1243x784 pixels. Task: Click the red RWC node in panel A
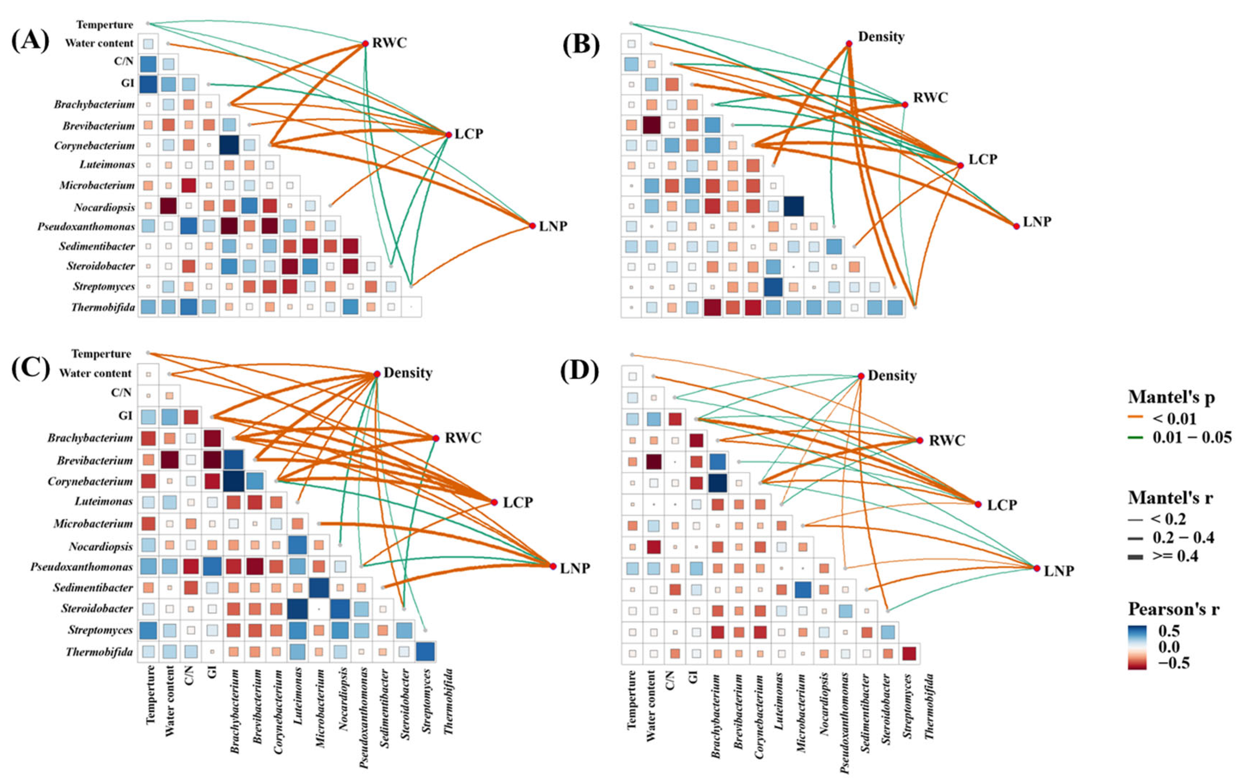[x=365, y=43]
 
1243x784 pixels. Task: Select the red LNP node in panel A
[x=532, y=226]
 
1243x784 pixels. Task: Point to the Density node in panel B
[x=849, y=43]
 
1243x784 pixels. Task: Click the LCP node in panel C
[x=493, y=502]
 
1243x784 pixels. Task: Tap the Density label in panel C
[x=408, y=373]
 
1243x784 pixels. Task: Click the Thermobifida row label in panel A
[x=103, y=308]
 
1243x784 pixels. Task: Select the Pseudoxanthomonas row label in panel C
[x=81, y=567]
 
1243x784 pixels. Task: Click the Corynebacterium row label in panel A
[x=94, y=146]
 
